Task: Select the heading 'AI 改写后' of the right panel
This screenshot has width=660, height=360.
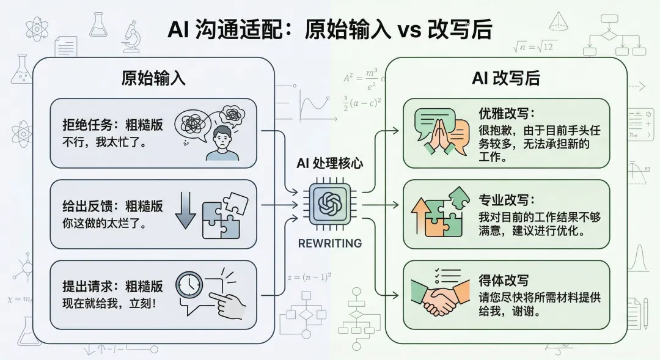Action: tap(506, 79)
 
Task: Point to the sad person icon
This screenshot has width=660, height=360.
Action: tap(222, 142)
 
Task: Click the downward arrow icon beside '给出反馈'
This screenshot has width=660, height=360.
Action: tap(185, 210)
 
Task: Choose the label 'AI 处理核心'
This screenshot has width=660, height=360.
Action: tap(329, 163)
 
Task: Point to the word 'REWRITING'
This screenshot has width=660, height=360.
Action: tap(329, 243)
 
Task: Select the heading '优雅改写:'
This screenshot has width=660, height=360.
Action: tap(507, 114)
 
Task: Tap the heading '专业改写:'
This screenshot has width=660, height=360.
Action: tap(507, 200)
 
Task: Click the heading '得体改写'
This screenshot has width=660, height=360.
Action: tap(504, 281)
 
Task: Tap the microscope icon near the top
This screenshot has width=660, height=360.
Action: tap(131, 37)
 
